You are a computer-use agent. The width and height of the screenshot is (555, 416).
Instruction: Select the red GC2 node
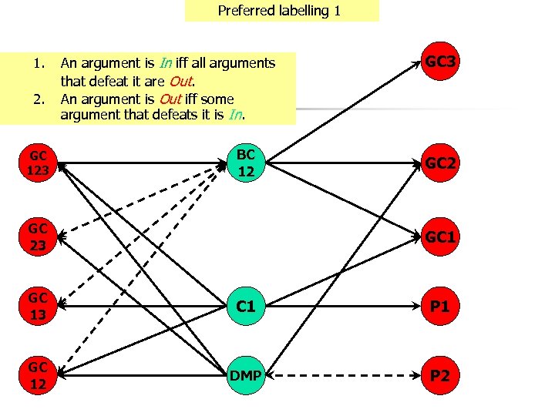coord(440,163)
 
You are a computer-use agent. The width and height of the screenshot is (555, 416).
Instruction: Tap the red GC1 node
coord(440,237)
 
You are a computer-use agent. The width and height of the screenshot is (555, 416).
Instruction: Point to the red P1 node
coord(440,306)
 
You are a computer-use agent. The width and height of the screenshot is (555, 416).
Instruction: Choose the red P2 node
coord(440,376)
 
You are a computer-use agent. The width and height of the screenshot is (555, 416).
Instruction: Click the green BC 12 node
coord(246,163)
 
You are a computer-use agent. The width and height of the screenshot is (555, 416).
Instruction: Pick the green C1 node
coord(246,306)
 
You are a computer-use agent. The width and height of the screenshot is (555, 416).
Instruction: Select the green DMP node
coord(246,376)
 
